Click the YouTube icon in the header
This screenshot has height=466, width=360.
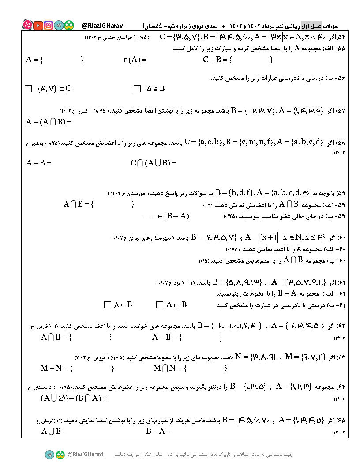(x=38, y=26)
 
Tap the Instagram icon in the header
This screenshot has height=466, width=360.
(x=49, y=26)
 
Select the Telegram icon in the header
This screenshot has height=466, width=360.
(x=59, y=26)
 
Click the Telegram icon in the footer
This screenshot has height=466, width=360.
(x=49, y=455)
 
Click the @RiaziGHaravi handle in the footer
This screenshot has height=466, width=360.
(x=85, y=454)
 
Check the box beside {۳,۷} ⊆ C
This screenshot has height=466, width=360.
(x=29, y=89)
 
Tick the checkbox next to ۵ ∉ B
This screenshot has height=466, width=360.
(x=137, y=89)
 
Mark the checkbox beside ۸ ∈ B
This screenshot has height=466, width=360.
(x=107, y=305)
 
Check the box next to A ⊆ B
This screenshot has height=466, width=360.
(x=160, y=305)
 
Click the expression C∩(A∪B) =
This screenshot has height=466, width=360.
(x=154, y=163)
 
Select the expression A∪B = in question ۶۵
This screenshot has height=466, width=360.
(x=54, y=431)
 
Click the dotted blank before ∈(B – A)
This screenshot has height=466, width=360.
(x=149, y=216)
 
